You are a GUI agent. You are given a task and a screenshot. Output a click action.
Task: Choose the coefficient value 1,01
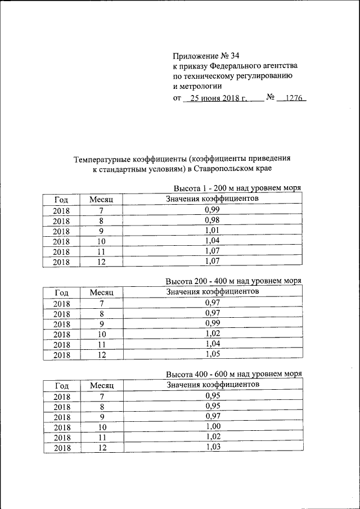tap(212, 230)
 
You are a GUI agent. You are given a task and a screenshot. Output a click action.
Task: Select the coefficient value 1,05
tap(212, 354)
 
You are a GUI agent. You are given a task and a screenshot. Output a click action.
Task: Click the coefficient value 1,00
tap(212, 426)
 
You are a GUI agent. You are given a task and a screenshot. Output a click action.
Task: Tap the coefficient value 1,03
tap(212, 447)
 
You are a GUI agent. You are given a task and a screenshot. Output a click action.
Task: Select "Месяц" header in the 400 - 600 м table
tap(102, 385)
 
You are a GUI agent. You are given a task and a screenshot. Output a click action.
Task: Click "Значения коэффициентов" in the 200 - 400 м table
tap(212, 291)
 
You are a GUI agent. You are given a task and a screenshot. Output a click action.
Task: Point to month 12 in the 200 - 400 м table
tap(102, 354)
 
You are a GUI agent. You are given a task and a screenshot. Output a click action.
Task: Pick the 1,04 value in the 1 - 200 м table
tap(212, 240)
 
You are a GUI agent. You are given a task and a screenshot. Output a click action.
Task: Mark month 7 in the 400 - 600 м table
tap(102, 396)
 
